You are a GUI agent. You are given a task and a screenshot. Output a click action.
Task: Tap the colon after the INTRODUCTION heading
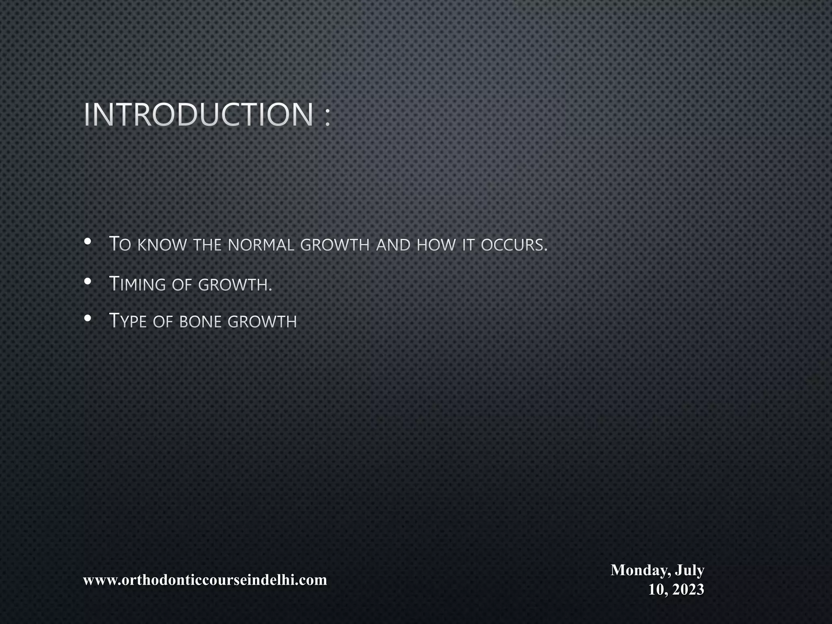(328, 118)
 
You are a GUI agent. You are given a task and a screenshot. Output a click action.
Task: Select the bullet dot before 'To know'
(87, 242)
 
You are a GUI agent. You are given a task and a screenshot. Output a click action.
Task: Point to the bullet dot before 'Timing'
(87, 281)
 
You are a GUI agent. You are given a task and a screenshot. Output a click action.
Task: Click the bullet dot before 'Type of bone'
(87, 318)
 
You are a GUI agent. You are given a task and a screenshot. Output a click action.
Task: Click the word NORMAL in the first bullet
(261, 245)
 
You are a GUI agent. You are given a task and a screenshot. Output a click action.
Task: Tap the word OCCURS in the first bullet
(514, 245)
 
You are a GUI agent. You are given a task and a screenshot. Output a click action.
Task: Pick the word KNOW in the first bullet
(162, 245)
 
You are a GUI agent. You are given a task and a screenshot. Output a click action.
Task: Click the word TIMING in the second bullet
(138, 284)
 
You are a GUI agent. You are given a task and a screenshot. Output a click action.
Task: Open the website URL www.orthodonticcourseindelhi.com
(205, 580)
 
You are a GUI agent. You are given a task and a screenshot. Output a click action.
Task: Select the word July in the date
(689, 570)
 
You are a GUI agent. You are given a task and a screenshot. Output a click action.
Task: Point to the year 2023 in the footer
(687, 589)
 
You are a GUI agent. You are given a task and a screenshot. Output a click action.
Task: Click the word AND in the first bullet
(393, 245)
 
